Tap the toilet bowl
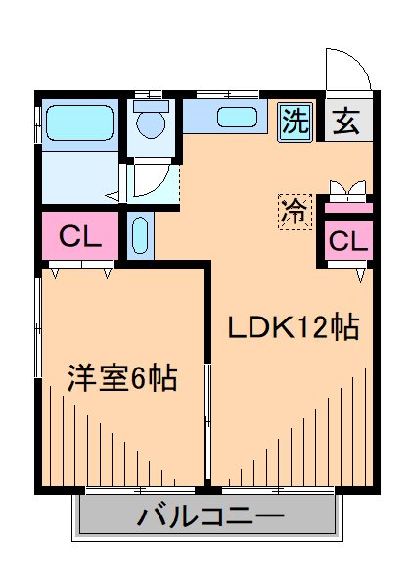(x=151, y=123)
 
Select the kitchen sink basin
(x=236, y=119)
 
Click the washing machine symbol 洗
(x=295, y=121)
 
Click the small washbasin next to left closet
(x=138, y=237)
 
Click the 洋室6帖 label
(x=121, y=378)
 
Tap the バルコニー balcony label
(x=209, y=515)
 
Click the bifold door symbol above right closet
(x=348, y=189)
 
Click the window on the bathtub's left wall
(x=39, y=125)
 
